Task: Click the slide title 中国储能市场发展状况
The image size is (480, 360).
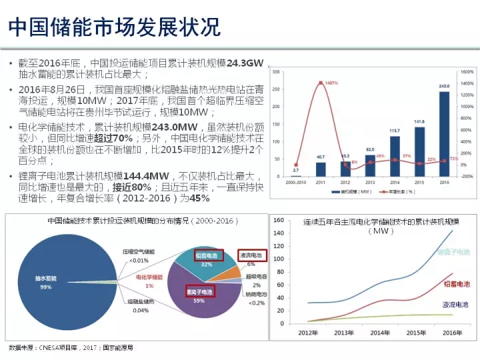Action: tap(113, 27)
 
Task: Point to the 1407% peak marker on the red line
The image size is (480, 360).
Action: tap(321, 83)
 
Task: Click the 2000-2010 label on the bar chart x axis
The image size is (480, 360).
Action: tap(295, 181)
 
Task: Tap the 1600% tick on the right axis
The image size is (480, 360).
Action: tap(466, 71)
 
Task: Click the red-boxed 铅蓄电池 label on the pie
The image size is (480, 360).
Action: tap(207, 255)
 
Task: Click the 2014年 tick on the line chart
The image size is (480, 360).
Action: tap(379, 333)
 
